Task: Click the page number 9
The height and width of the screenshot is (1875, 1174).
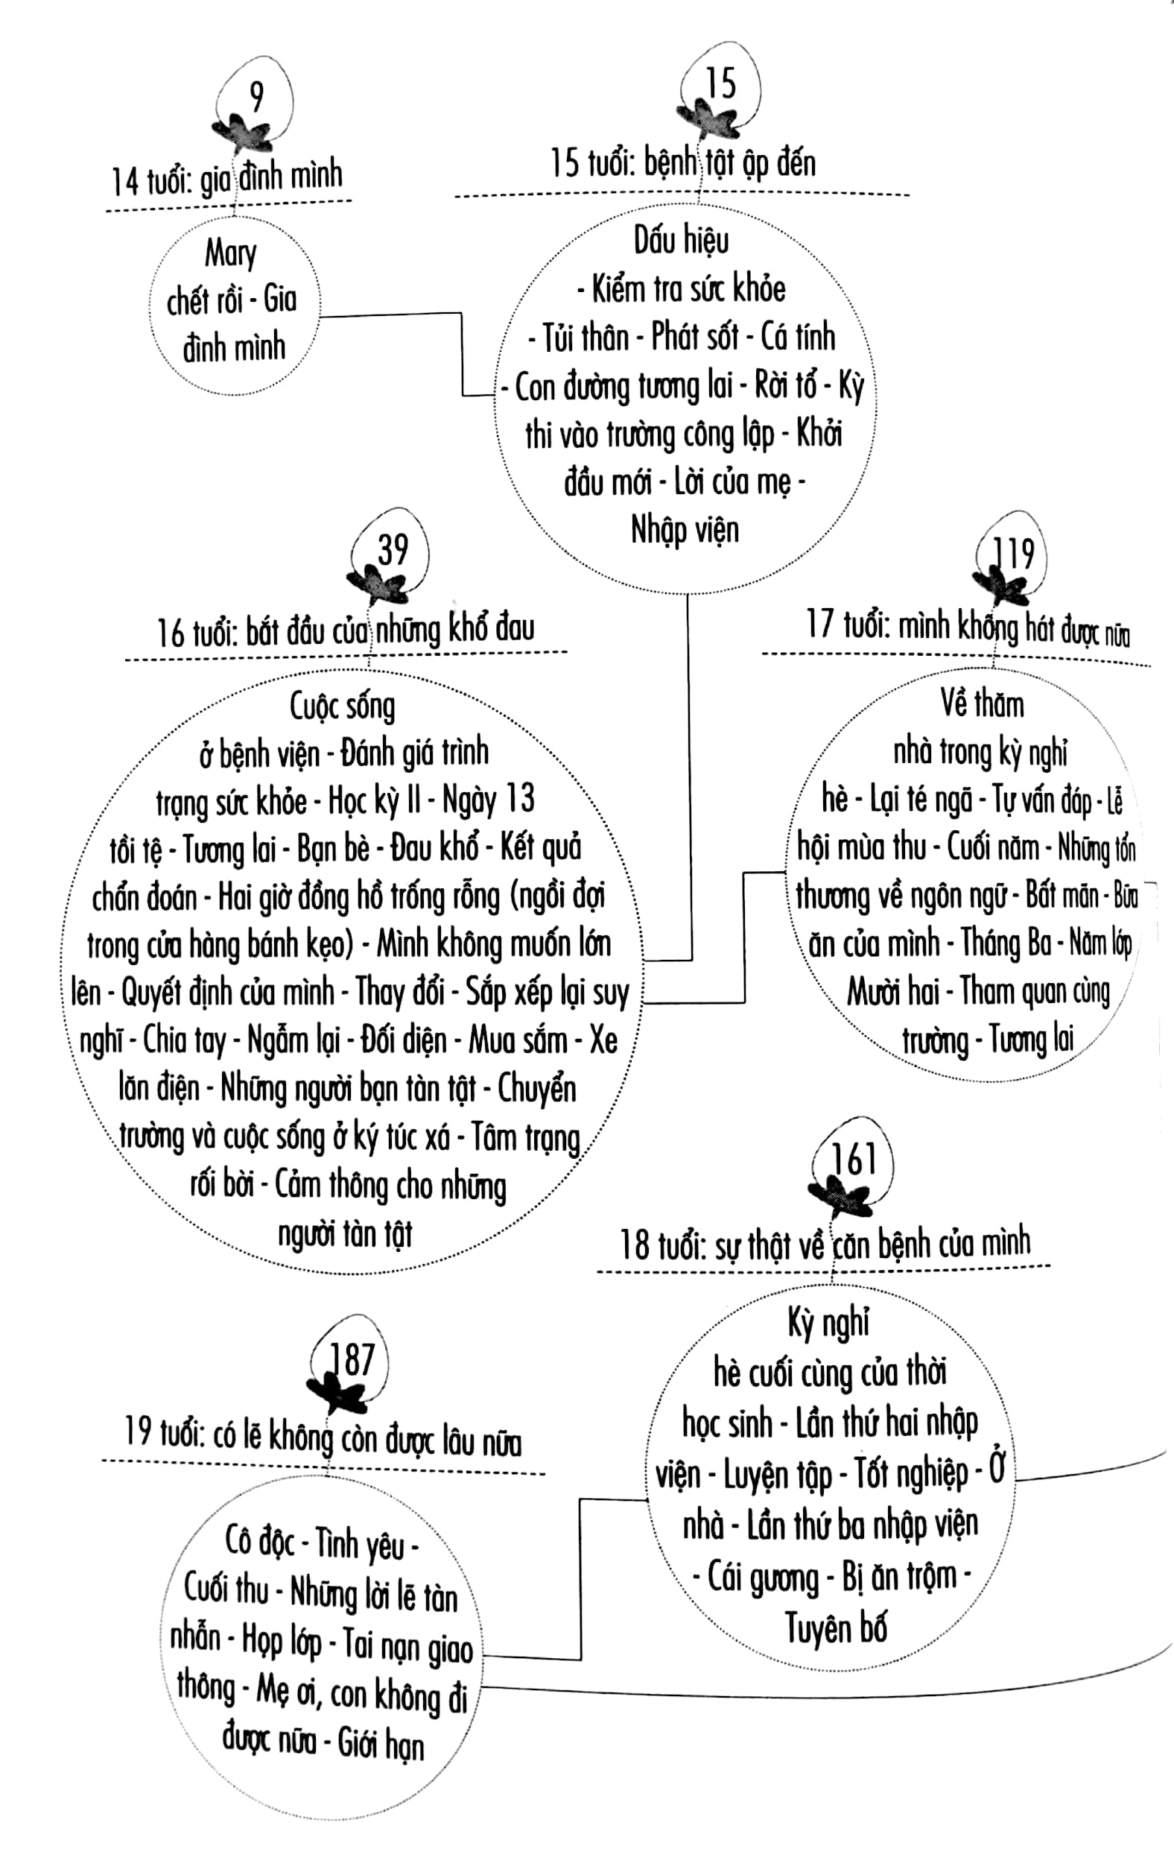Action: (257, 97)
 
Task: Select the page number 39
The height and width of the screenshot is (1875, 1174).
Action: (393, 550)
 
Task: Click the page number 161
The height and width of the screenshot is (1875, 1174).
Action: (854, 1160)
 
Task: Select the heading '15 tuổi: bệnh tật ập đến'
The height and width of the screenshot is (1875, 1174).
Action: (683, 163)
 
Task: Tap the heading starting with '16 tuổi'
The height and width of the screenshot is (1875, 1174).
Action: (346, 630)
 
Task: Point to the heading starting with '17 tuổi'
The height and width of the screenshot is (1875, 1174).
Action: (968, 627)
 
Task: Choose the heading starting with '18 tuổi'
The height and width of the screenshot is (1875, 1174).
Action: (825, 1245)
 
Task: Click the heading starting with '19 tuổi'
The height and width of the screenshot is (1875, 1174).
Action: (323, 1438)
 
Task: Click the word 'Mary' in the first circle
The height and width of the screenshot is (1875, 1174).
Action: (231, 253)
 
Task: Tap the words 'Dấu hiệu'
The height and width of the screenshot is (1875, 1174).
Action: (681, 239)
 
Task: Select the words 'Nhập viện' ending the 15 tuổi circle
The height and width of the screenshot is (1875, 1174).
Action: (685, 531)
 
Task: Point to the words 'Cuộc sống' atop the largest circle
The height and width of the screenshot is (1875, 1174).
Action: (343, 706)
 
